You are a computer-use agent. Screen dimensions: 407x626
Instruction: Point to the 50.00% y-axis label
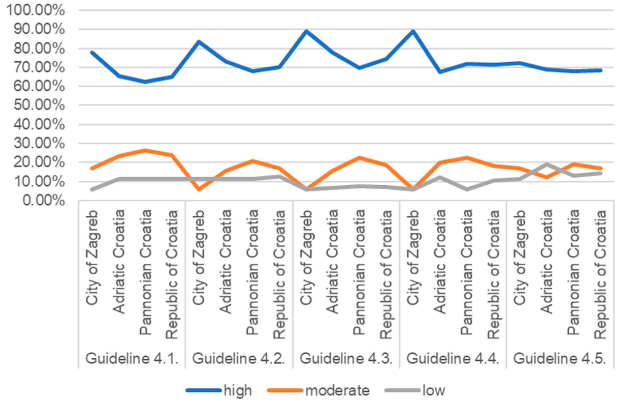(39, 105)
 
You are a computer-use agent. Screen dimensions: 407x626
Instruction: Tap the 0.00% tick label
(43, 201)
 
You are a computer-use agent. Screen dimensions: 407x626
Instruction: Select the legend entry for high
(219, 390)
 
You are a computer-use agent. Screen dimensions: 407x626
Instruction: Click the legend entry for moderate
(318, 390)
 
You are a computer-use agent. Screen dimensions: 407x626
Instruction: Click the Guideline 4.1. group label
(132, 358)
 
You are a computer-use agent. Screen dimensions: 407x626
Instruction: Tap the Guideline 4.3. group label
(346, 358)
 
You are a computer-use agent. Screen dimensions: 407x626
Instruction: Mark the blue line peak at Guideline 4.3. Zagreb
(306, 31)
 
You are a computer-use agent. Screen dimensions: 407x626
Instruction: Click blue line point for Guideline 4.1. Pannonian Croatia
(145, 82)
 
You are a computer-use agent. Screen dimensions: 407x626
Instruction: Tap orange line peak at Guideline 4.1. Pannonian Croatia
(145, 150)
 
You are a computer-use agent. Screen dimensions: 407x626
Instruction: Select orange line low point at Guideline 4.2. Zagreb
(199, 189)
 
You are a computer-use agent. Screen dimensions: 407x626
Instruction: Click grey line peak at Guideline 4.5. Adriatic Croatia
(547, 164)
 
